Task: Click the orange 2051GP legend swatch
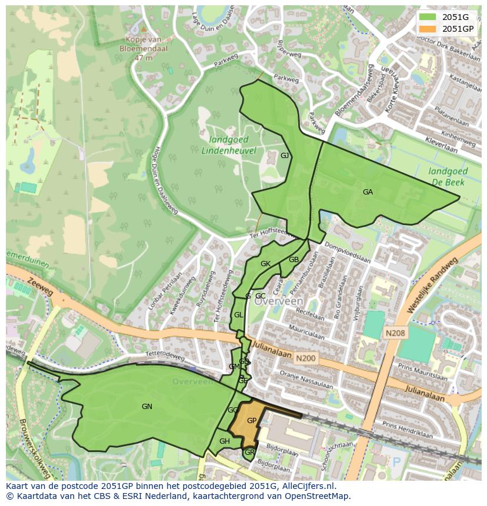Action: (x=428, y=29)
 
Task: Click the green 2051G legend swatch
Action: (x=428, y=17)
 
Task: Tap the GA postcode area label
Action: (x=368, y=192)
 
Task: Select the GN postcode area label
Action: (x=147, y=406)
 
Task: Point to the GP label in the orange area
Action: (x=252, y=421)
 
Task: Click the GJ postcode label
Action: (x=285, y=156)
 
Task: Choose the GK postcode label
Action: (x=265, y=264)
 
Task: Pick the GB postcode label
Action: (x=293, y=260)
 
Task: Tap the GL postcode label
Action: (x=238, y=315)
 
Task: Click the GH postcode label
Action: (x=224, y=441)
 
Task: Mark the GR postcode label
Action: (x=249, y=453)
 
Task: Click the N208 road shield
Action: (x=395, y=333)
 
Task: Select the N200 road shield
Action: (x=306, y=357)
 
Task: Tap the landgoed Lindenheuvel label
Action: (x=229, y=145)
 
